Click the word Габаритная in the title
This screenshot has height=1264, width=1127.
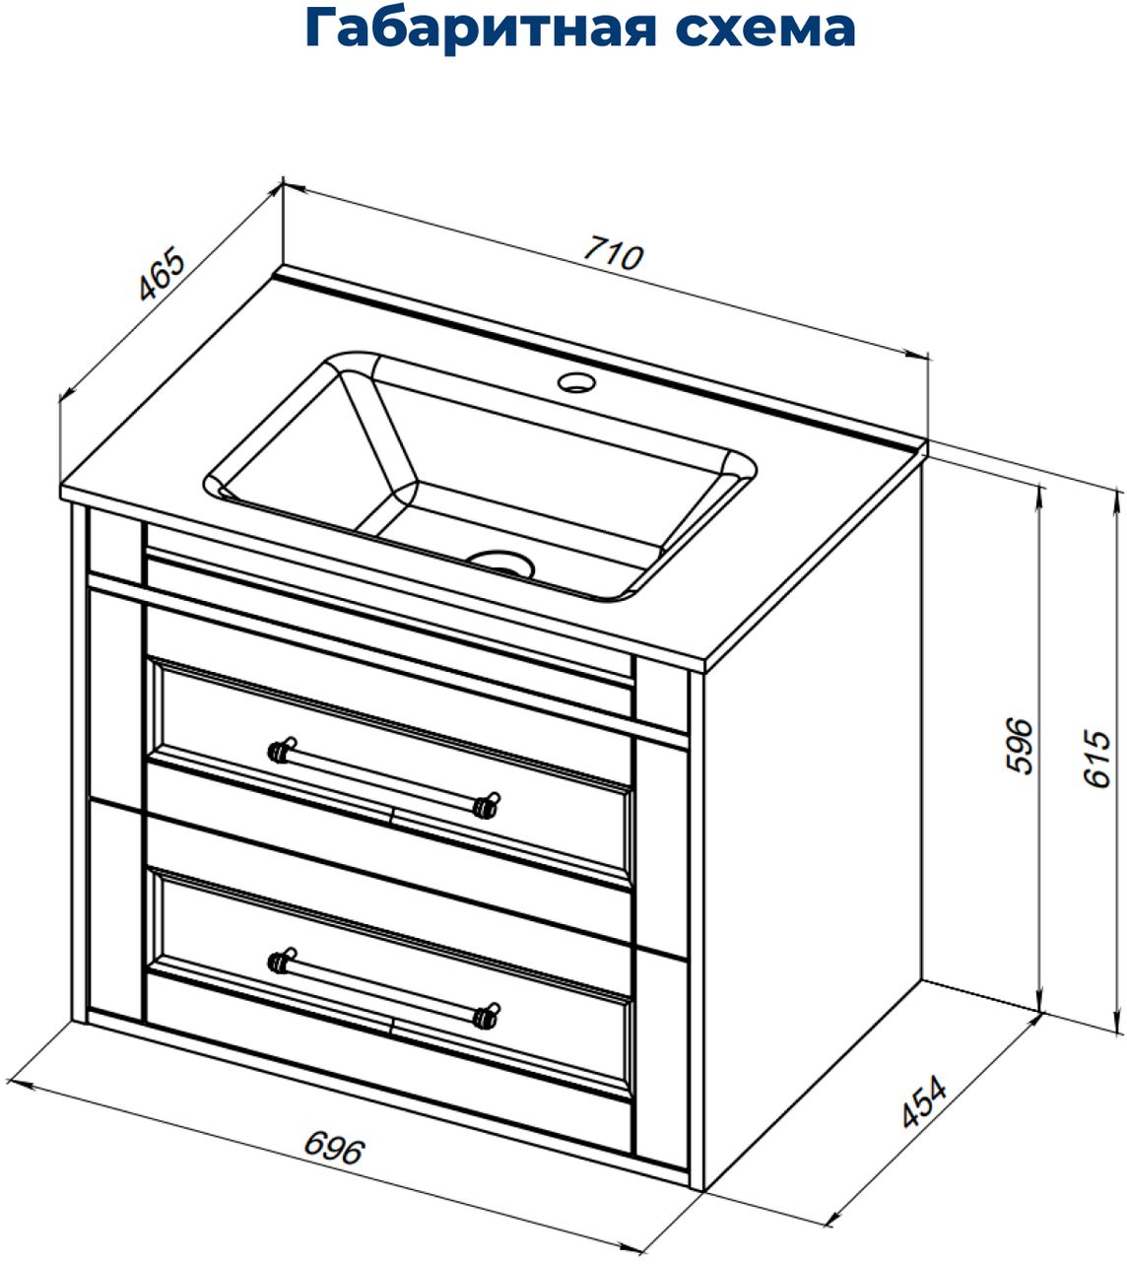[x=481, y=29]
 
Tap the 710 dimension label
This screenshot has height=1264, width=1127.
[x=614, y=252]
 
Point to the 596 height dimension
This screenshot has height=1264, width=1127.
[x=1021, y=746]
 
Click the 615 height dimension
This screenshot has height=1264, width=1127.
[x=1097, y=758]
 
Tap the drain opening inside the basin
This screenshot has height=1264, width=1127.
[x=502, y=564]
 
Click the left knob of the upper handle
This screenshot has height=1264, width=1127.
[x=279, y=750]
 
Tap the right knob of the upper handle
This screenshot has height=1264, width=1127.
[x=486, y=806]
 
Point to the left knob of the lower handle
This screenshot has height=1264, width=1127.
[x=279, y=961]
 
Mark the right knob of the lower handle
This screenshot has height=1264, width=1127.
[x=486, y=1017]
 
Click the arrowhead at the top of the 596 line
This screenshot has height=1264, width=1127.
[x=1038, y=496]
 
